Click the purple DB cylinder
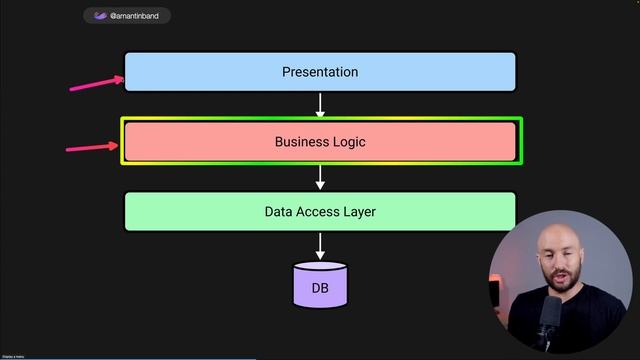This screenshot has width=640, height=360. (320, 285)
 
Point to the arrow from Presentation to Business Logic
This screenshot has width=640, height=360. (320, 104)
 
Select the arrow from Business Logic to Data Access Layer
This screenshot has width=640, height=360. (320, 177)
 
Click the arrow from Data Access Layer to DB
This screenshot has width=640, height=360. (320, 245)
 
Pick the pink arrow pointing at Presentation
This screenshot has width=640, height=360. (96, 84)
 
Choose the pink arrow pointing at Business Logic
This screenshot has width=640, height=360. (93, 148)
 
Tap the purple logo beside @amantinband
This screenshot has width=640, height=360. (100, 16)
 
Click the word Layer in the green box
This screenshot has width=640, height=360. (361, 212)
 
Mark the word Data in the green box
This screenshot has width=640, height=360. (279, 212)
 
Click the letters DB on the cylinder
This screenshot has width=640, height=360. (320, 289)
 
